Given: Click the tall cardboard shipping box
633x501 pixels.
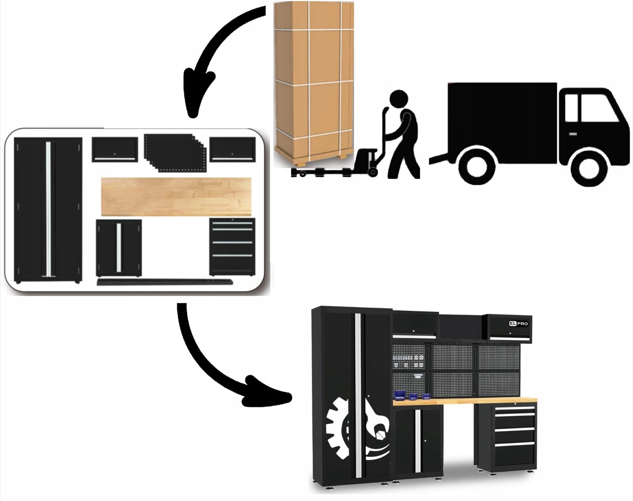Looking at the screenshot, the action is [314, 79].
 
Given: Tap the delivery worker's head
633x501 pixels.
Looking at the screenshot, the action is [398, 99].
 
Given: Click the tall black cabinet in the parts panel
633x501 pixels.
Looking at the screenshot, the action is [48, 209].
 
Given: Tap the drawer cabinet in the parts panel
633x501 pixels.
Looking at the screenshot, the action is [232, 247].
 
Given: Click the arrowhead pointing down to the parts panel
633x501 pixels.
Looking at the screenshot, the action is [197, 98].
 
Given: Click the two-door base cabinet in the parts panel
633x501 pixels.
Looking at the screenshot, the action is [119, 247].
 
